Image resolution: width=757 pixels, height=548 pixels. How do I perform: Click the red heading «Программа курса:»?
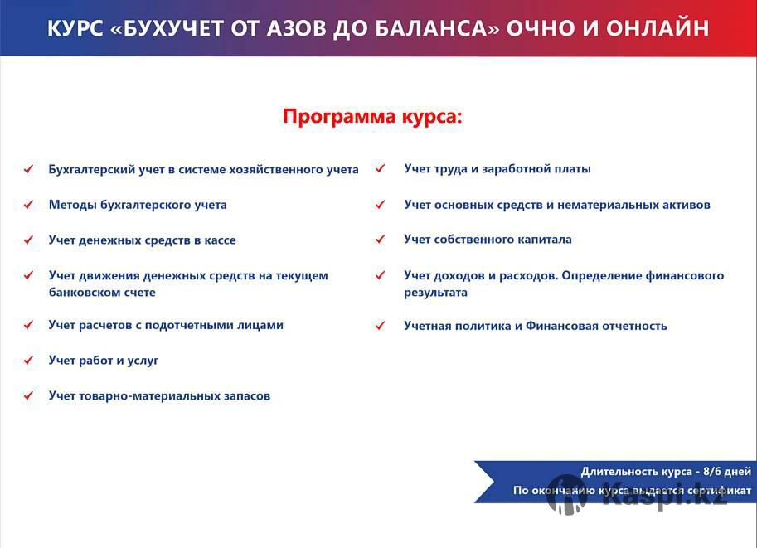(x=372, y=117)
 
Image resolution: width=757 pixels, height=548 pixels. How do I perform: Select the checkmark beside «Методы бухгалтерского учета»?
(x=28, y=205)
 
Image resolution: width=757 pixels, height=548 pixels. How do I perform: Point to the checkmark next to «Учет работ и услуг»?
(x=28, y=360)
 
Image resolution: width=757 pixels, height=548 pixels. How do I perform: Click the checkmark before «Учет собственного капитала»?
(x=380, y=239)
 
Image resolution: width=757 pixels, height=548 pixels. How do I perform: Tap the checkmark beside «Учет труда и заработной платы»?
(x=380, y=168)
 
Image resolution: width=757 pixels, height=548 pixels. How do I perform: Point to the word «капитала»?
(x=544, y=240)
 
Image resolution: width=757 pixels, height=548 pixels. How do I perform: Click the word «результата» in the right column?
(x=435, y=293)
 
